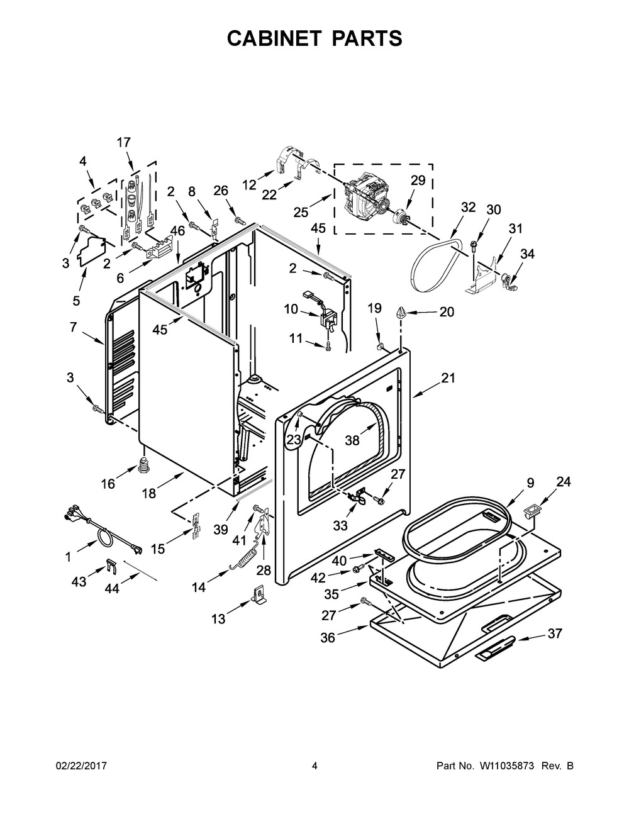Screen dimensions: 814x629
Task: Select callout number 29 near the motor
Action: click(418, 181)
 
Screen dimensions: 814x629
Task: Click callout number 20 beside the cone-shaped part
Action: click(447, 311)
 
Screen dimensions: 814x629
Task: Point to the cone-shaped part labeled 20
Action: click(401, 311)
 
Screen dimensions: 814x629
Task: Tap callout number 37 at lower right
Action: click(554, 634)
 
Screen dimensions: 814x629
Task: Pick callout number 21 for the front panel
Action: click(447, 378)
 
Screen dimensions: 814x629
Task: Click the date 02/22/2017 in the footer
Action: click(82, 766)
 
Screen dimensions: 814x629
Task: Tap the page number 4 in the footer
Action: click(314, 766)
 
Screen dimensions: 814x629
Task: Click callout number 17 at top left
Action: click(124, 143)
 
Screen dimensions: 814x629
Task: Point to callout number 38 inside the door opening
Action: click(352, 440)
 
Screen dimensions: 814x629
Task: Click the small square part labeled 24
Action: click(534, 508)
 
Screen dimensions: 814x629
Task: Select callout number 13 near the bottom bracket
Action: click(218, 620)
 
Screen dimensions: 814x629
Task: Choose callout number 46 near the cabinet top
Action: click(177, 231)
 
